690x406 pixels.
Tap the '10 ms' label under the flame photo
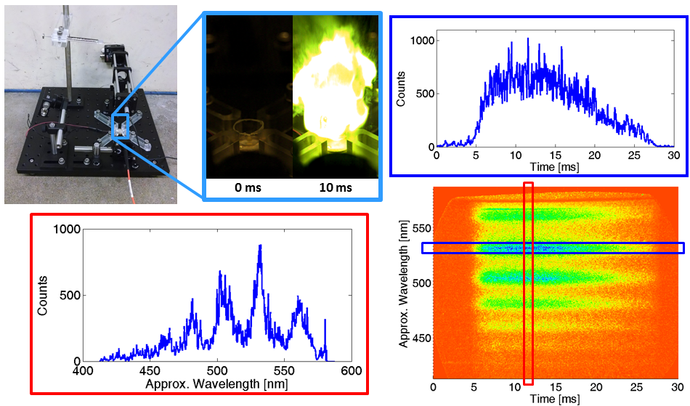pos(336,187)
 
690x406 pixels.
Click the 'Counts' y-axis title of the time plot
pos(401,89)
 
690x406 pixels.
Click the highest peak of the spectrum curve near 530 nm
pos(259,246)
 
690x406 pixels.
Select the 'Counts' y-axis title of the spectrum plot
pos(43,295)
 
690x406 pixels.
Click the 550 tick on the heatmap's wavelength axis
pos(419,227)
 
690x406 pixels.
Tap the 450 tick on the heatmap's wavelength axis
pos(419,338)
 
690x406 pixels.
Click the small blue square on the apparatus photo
pos(121,126)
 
